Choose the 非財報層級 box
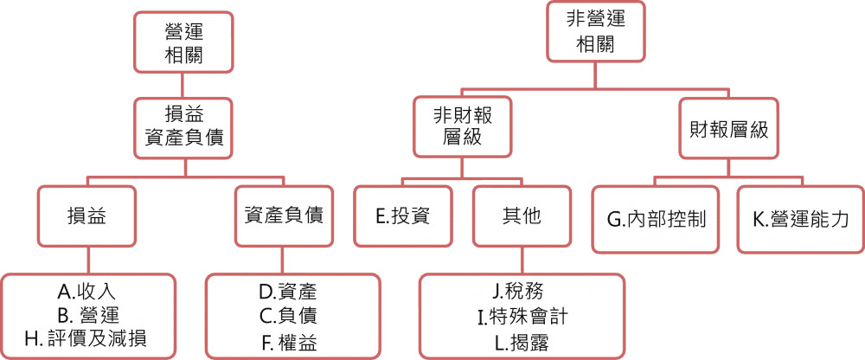coord(461,125)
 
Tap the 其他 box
coord(521,216)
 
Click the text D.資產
coord(292,292)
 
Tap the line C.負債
coord(292,316)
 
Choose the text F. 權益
coord(292,342)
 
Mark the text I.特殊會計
coord(522,315)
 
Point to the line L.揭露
coord(522,342)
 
